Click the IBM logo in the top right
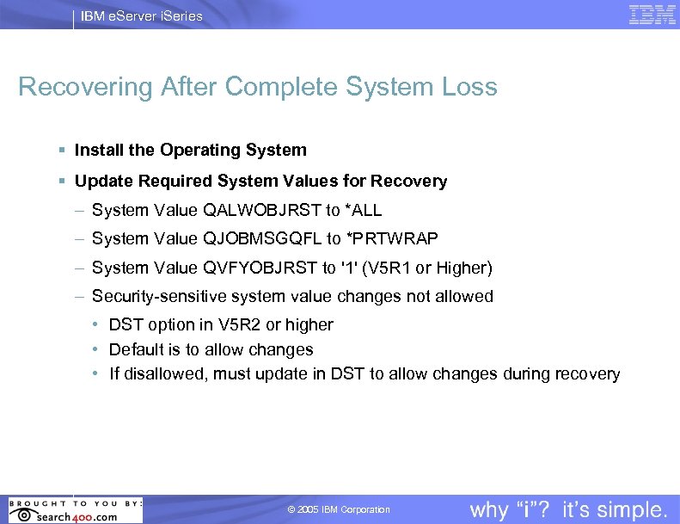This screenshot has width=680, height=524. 652,15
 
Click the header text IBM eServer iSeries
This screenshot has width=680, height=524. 141,15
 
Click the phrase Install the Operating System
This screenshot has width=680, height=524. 190,150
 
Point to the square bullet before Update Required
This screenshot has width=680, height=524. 62,182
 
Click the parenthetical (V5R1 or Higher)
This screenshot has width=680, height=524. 427,268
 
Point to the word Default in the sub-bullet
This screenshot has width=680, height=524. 137,349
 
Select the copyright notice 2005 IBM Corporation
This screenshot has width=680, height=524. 339,510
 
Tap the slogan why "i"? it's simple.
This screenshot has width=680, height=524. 568,509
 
